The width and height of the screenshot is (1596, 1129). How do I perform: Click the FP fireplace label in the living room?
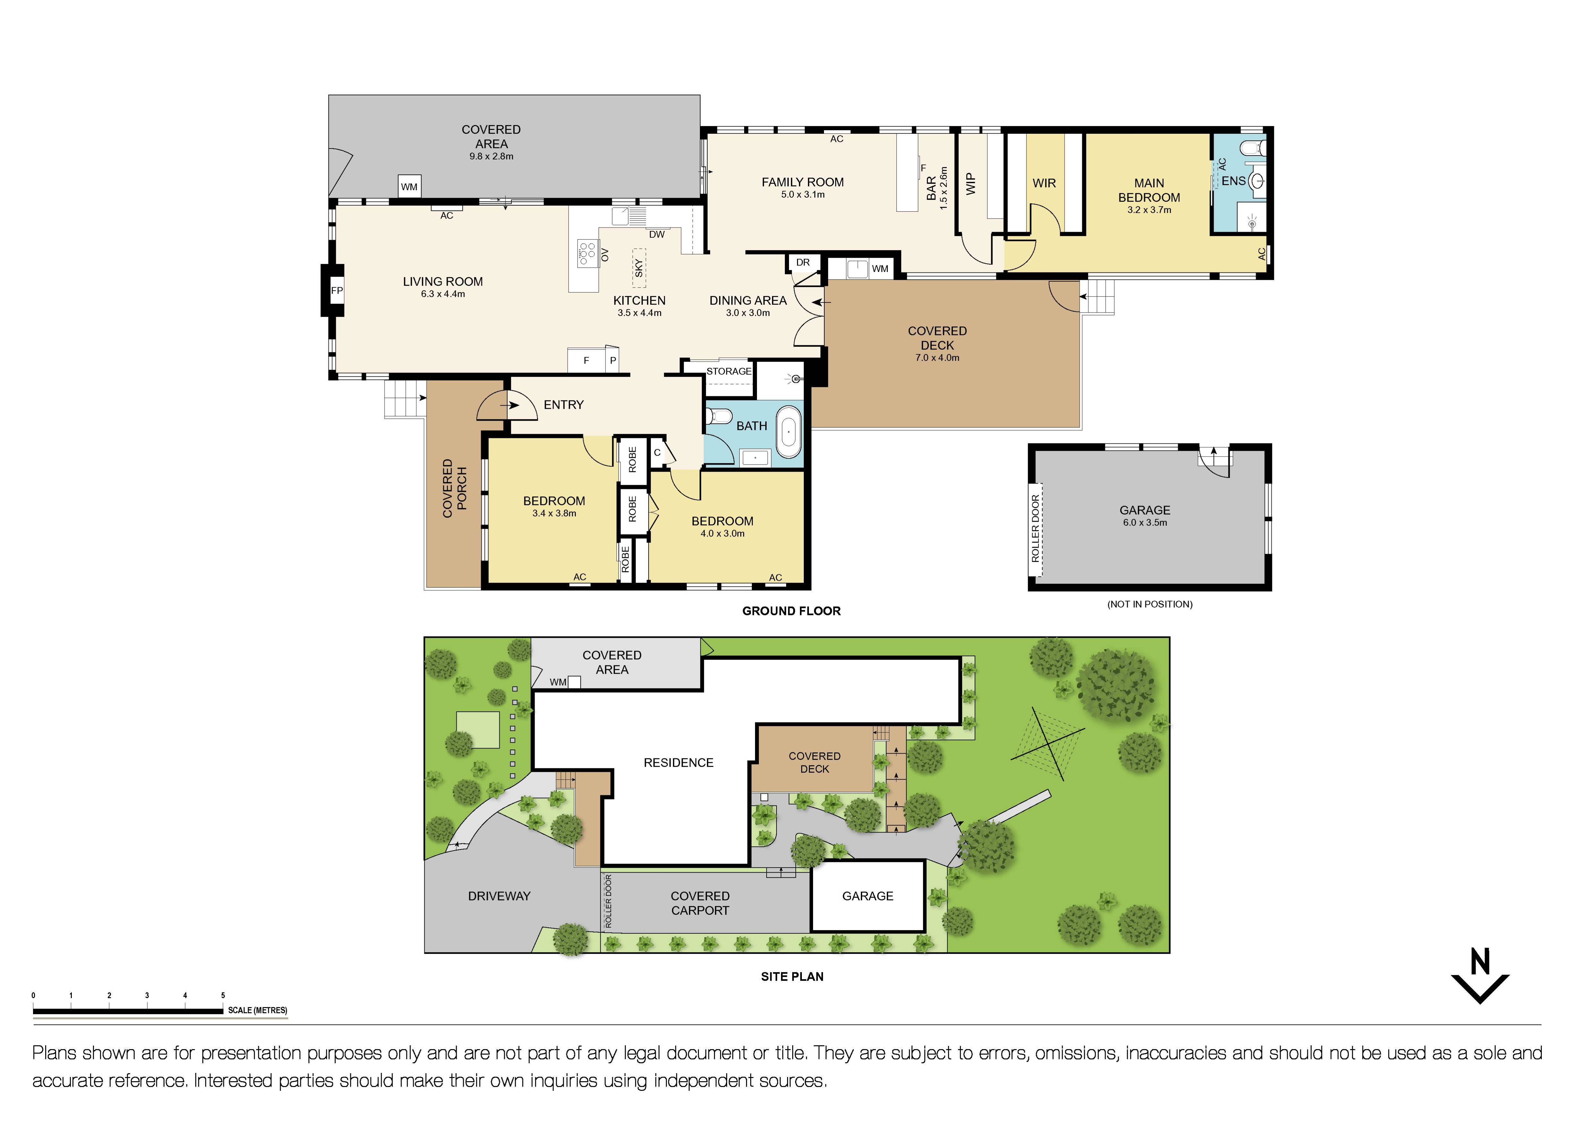(x=336, y=291)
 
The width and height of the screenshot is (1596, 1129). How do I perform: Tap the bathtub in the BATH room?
(x=788, y=432)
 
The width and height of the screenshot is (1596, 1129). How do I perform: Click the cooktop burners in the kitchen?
(x=588, y=253)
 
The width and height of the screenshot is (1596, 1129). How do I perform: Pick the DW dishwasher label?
(x=656, y=234)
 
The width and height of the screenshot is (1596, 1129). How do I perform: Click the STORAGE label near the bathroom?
(x=728, y=371)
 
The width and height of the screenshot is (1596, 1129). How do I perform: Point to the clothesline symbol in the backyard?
(x=1048, y=742)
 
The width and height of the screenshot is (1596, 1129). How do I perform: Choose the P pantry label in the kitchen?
(x=612, y=360)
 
